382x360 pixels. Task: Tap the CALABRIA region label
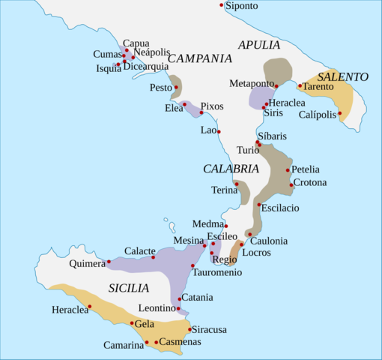[231, 169]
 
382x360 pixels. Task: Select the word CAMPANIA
[199, 58]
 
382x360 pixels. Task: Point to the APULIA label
[259, 45]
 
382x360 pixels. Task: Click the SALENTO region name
[343, 76]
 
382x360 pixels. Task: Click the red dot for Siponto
[222, 5]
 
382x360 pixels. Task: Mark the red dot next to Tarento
[300, 85]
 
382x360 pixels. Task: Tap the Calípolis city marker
[340, 114]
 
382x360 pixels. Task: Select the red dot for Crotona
[291, 184]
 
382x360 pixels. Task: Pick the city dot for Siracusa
[189, 328]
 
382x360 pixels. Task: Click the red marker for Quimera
[109, 262]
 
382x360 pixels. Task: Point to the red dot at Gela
[132, 323]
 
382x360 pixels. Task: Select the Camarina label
[124, 345]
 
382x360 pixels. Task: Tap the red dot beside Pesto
[176, 88]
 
